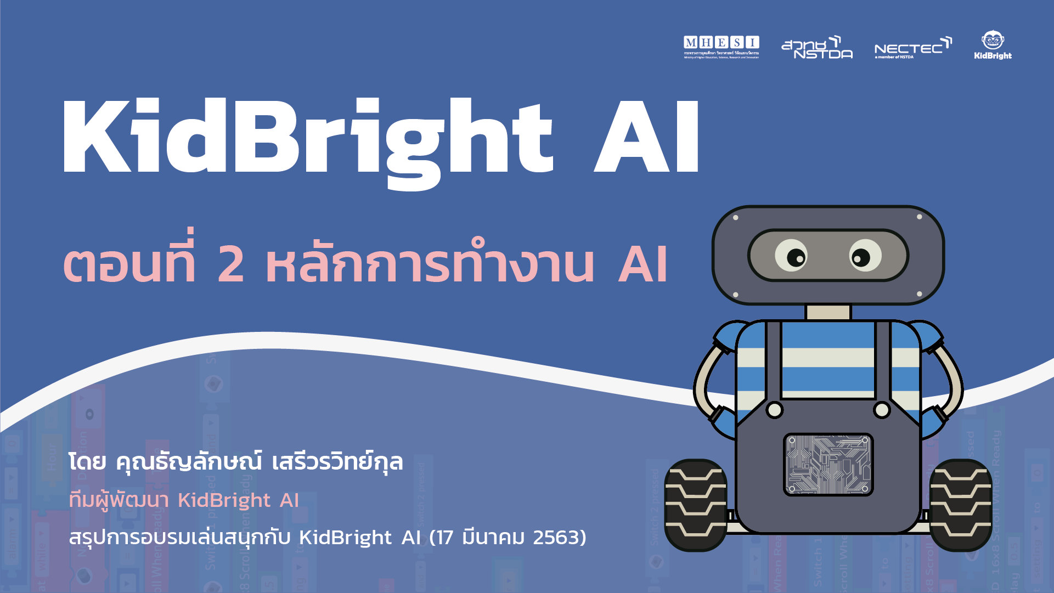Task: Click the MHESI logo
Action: click(x=721, y=47)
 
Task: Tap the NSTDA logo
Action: click(x=817, y=48)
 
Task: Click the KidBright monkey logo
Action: click(x=993, y=45)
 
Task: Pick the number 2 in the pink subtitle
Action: click(x=231, y=264)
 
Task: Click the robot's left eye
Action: click(x=791, y=255)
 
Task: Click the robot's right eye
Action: click(x=865, y=256)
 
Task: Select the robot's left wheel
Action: click(x=695, y=505)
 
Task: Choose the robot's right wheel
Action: click(x=961, y=505)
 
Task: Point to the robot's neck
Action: click(x=828, y=312)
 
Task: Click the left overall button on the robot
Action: click(x=774, y=410)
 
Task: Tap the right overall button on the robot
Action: click(x=882, y=410)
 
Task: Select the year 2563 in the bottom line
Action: click(x=556, y=538)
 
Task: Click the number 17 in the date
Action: click(x=445, y=538)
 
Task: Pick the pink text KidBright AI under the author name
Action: click(x=238, y=500)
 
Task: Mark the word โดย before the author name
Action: click(x=87, y=462)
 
